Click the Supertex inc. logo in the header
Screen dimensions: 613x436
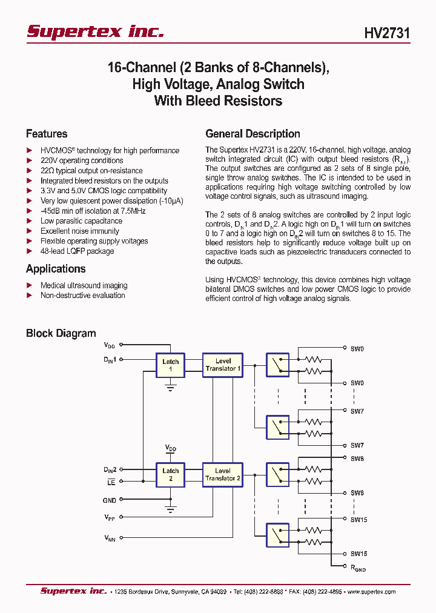(95, 31)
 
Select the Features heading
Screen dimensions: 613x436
(47, 134)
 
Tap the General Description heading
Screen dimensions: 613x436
(253, 134)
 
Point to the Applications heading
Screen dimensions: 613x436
(56, 269)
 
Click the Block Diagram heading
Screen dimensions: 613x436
(61, 333)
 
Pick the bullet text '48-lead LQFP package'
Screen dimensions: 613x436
(77, 251)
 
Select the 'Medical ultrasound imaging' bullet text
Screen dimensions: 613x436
(84, 285)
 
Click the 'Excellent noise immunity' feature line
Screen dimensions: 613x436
(79, 231)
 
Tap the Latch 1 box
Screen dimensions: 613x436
(171, 365)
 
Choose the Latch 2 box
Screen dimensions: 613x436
(171, 474)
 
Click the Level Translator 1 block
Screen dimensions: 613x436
(223, 365)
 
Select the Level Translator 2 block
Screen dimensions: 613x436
(223, 474)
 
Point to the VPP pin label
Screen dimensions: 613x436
(109, 517)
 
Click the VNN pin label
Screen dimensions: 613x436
(109, 537)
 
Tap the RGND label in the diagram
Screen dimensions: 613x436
(358, 568)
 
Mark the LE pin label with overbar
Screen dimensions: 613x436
(111, 482)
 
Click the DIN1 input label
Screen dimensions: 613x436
(109, 360)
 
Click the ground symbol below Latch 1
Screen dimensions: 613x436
(171, 387)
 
